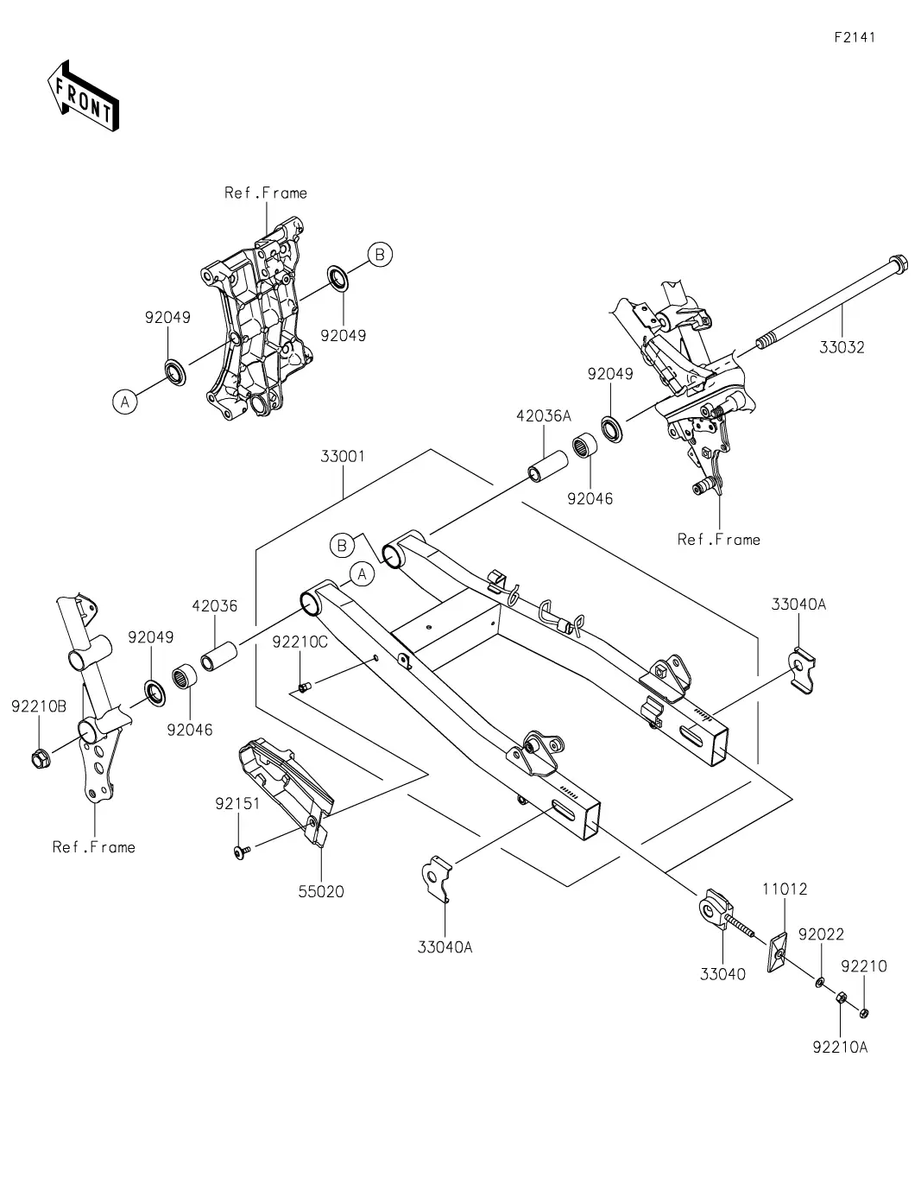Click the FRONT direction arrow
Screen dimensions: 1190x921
(x=83, y=95)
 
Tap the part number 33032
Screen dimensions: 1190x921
(x=842, y=348)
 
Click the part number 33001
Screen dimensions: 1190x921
(x=343, y=456)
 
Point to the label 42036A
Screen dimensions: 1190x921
(x=544, y=416)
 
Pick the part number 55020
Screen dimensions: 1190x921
(x=322, y=891)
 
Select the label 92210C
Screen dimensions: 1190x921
(x=300, y=642)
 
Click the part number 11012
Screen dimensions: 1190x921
(x=784, y=889)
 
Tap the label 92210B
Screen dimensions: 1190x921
(x=39, y=706)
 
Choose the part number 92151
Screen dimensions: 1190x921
(x=237, y=804)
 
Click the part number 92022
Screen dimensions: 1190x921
(x=821, y=934)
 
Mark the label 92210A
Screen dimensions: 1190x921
(x=840, y=1048)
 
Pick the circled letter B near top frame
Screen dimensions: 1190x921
(x=379, y=255)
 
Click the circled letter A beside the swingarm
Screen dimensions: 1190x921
(x=363, y=573)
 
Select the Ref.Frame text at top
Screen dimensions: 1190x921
(x=266, y=193)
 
